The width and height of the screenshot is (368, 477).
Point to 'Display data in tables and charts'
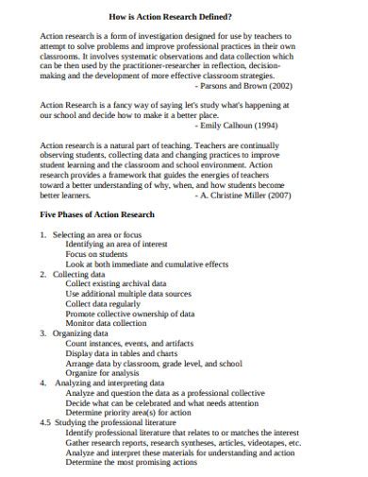[125, 353]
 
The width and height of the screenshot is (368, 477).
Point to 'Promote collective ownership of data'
[130, 314]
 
